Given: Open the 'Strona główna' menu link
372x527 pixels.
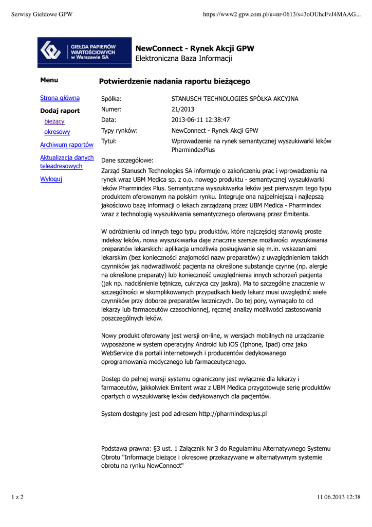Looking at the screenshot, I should coord(60,98).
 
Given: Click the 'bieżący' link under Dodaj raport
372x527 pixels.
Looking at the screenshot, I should coord(54,121).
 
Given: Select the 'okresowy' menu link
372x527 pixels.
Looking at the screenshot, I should coord(57,132).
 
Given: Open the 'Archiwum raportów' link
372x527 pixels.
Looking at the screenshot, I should coord(67,145).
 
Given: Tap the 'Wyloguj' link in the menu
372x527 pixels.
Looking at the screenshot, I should coord(51,179).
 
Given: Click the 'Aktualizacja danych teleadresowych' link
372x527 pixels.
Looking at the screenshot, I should coord(67,162).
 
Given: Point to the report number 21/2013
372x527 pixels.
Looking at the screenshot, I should coord(182,109).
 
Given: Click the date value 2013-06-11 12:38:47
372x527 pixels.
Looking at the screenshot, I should coord(200,120).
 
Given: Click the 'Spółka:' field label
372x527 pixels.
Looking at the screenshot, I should coord(114,98).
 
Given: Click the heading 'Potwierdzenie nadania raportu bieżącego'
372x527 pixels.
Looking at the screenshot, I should coord(174,81).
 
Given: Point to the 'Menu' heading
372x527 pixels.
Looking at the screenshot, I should coord(49,80).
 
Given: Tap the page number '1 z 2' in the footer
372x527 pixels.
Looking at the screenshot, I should coord(17,497).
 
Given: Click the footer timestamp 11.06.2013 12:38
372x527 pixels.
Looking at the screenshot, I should coord(339,497).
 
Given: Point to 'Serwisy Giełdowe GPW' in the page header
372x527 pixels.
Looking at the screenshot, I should coord(42,14).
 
